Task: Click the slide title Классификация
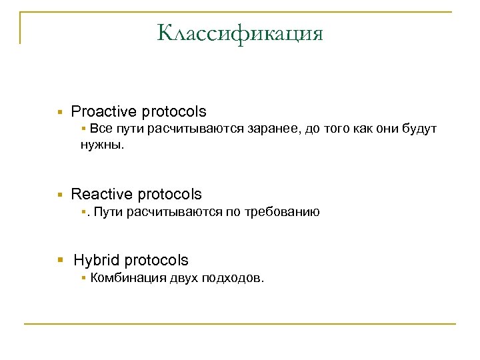[240, 33]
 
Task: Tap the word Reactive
[101, 194]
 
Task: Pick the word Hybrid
[97, 260]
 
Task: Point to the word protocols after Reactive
[169, 194]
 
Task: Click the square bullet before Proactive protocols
[59, 112]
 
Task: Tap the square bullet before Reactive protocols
[59, 195]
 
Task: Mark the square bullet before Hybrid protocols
[59, 261]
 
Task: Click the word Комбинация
[121, 277]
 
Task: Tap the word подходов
[235, 277]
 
